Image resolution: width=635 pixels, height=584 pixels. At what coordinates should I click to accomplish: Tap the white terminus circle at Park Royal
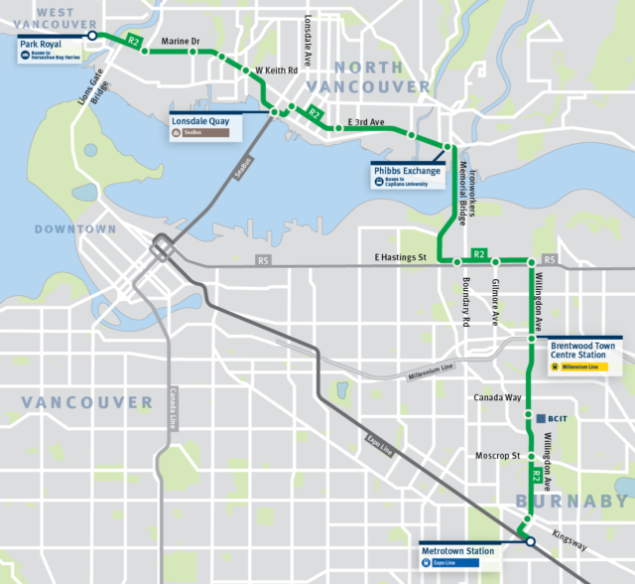[92, 35]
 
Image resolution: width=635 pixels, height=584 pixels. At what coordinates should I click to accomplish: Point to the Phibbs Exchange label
[406, 170]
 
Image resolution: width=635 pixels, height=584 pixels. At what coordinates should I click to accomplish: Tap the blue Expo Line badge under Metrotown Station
[445, 562]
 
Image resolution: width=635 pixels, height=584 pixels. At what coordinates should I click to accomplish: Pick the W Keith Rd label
[277, 72]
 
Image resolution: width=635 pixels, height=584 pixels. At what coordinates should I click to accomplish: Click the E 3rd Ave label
[365, 121]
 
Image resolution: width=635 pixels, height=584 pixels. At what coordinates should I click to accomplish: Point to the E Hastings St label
[400, 257]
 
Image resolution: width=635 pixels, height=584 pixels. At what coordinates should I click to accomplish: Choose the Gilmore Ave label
[494, 302]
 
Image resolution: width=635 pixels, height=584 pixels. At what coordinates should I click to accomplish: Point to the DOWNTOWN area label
[75, 229]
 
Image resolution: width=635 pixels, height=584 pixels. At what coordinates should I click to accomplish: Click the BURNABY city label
[571, 502]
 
